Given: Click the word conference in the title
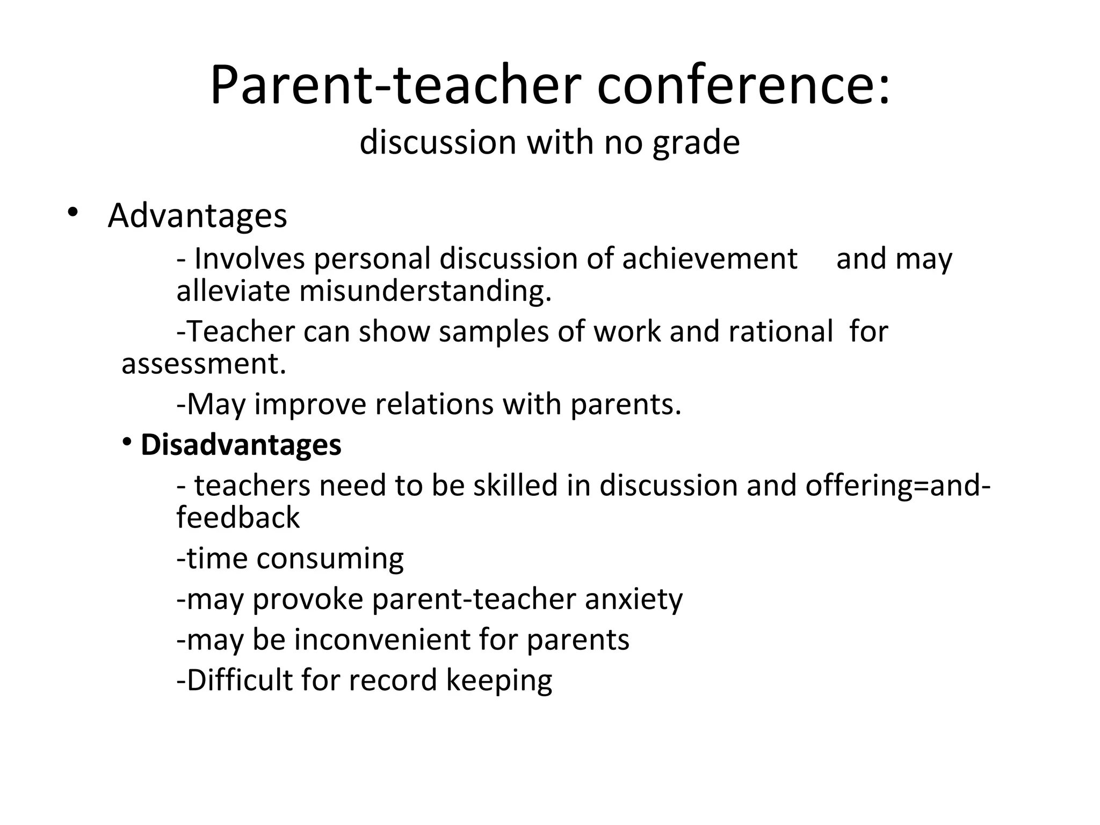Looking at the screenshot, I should [743, 86].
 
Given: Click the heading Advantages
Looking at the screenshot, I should [197, 216].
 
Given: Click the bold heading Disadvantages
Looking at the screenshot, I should [241, 445].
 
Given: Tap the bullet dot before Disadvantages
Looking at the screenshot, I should [127, 442].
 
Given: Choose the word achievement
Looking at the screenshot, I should [710, 259].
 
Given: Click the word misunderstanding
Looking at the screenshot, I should [425, 291].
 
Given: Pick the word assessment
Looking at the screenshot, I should [204, 364].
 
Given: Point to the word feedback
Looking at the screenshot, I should [238, 518].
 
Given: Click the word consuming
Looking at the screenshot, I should [330, 559].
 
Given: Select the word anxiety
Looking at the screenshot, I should [634, 599].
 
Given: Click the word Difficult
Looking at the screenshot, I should [239, 680].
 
